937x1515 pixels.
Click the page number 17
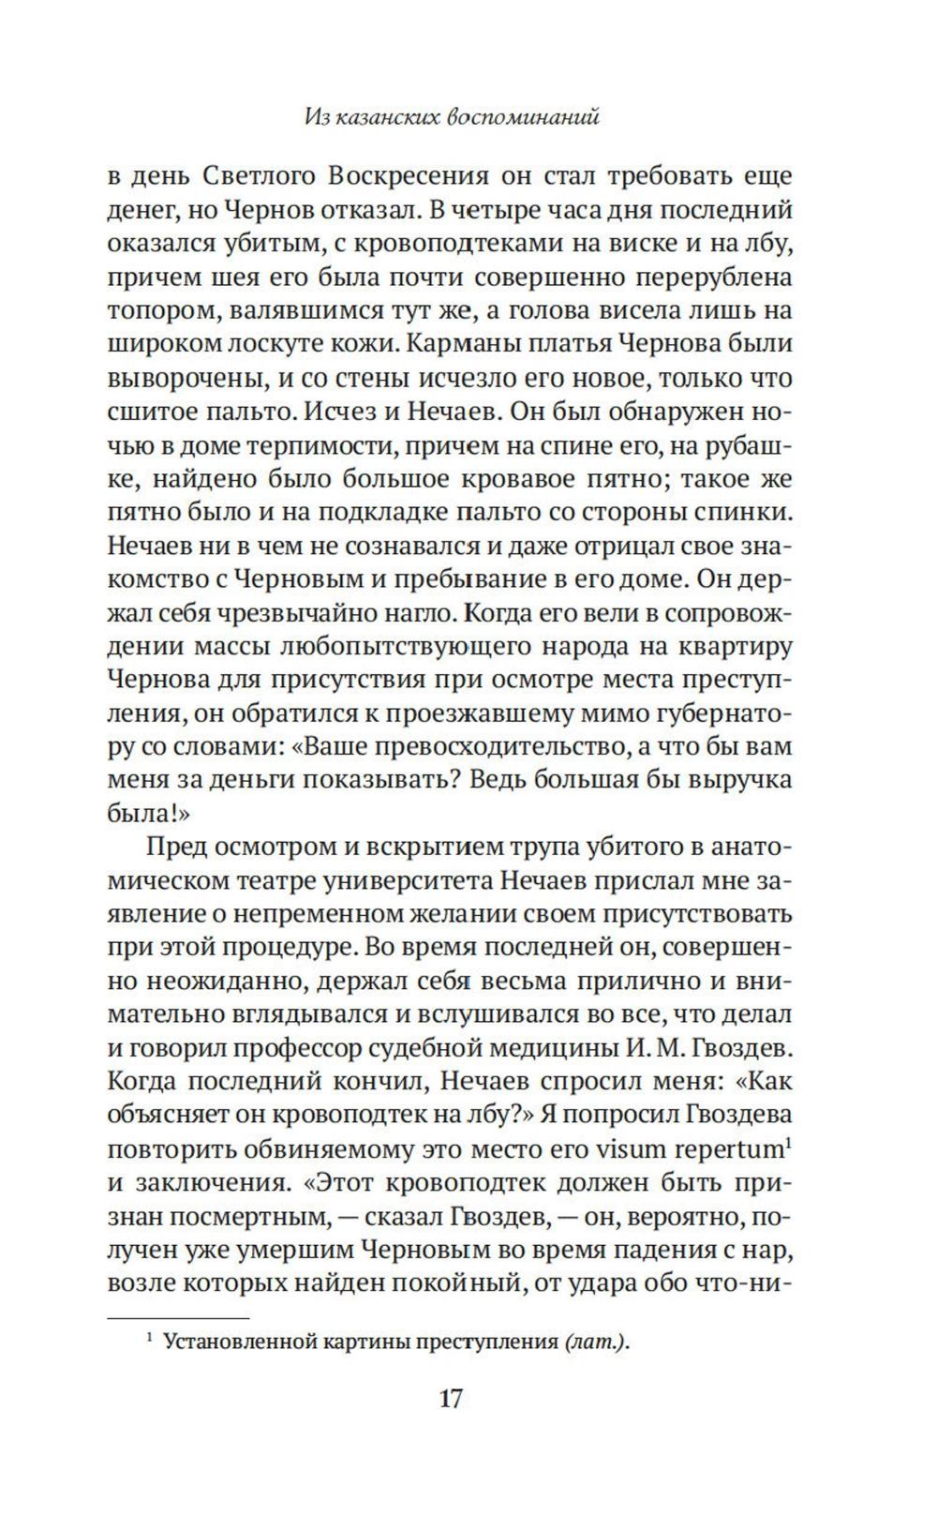point(450,1399)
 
